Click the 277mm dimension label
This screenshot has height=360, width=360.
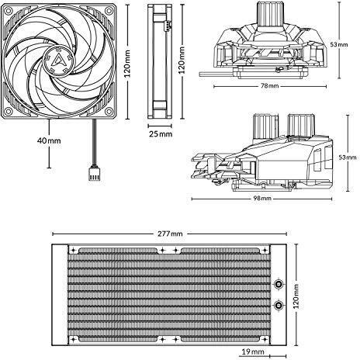(170, 234)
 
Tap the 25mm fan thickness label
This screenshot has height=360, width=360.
(161, 134)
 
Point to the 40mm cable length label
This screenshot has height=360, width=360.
(49, 140)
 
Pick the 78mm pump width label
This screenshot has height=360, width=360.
(269, 85)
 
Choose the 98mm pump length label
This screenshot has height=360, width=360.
(262, 199)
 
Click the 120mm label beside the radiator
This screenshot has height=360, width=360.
(296, 296)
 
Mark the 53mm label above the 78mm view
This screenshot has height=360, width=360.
(339, 44)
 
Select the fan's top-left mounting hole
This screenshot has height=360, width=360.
(9, 11)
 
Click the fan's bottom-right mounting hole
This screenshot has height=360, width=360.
(109, 112)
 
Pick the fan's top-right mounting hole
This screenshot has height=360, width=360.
(109, 11)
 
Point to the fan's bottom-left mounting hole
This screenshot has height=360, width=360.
(9, 112)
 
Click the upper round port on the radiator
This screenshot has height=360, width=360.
(279, 284)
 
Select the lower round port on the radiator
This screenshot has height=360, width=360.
(279, 306)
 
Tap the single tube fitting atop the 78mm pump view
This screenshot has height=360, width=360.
(269, 13)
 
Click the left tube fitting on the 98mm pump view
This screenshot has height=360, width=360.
(265, 126)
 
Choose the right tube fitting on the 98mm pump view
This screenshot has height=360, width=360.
(301, 125)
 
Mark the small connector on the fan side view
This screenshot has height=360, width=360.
(168, 26)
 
